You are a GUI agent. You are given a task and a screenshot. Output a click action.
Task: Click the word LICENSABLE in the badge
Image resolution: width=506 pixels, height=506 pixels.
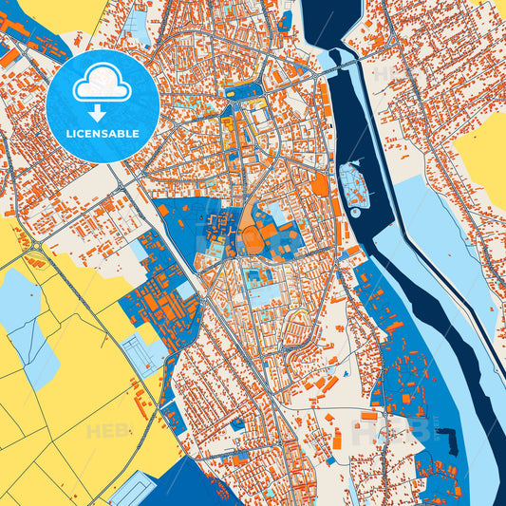click(x=102, y=134)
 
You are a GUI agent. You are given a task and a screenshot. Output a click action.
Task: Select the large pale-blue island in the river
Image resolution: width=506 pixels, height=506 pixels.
click(x=354, y=183)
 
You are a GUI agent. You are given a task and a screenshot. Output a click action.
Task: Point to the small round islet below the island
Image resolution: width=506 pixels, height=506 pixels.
click(x=355, y=213)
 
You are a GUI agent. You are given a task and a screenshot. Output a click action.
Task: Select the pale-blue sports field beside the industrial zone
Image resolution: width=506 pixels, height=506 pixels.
click(x=147, y=356)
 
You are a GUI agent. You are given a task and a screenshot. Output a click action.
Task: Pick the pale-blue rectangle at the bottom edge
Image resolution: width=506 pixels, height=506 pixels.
click(x=129, y=491)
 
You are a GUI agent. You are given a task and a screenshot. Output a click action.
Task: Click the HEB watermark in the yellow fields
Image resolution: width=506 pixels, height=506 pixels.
click(x=106, y=431)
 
